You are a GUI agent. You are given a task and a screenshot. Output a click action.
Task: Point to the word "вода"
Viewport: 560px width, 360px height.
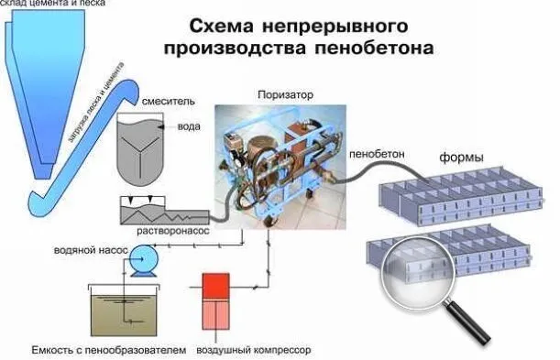tap(189, 127)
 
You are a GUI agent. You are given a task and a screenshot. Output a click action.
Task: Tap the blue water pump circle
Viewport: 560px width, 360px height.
tap(140, 265)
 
